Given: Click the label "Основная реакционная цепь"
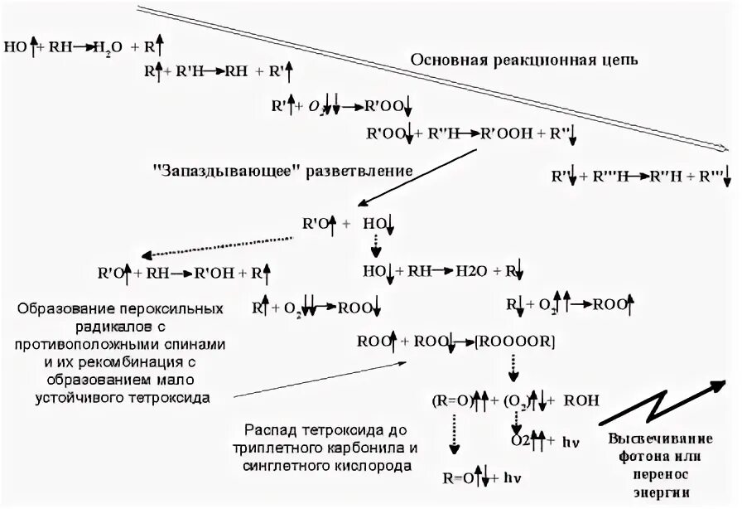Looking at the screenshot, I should [x=525, y=61].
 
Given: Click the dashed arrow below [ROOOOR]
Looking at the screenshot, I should [x=513, y=366].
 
